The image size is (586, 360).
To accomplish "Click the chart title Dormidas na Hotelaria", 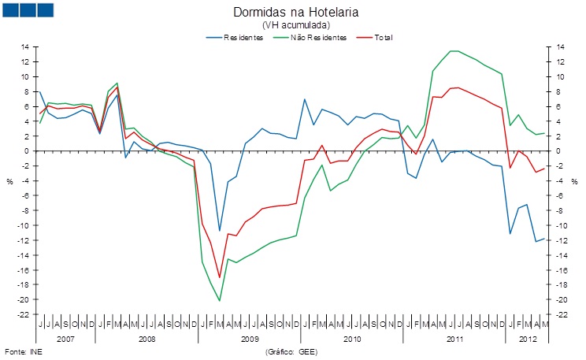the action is tap(295, 12).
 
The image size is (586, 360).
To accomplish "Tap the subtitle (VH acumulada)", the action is tap(296, 25).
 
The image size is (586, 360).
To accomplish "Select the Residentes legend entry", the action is tap(235, 37).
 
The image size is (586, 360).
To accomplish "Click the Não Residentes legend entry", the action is tap(310, 37).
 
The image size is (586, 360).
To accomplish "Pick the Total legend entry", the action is tap(375, 37).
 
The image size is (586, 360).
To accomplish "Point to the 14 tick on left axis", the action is tap(25, 47).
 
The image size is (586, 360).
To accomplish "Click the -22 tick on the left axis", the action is tap(24, 314).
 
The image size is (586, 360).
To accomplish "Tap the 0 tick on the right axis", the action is tap(558, 151).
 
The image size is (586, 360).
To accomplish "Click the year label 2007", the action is tap(65, 339).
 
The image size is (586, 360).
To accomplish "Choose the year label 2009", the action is tap(250, 339).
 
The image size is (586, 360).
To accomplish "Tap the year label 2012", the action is tap(528, 339).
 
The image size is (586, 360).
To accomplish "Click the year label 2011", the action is tap(454, 339).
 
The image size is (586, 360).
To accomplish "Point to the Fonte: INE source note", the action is tap(24, 352).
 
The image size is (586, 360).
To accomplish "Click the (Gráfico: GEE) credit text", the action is tap(291, 352).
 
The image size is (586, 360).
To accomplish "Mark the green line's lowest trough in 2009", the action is tap(220, 301).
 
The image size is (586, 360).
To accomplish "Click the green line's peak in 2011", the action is tap(454, 51).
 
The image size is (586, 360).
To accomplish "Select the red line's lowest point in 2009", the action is tap(220, 277).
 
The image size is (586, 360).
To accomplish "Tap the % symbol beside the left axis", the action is tap(9, 182).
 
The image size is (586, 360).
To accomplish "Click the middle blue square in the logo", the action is tap(28, 10).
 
